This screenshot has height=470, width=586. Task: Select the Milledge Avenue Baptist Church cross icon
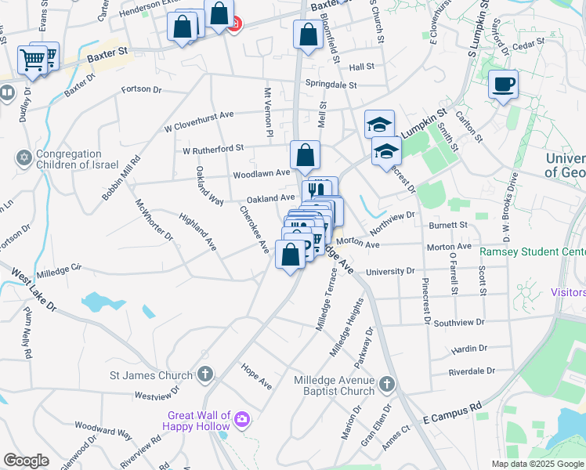[x=386, y=384]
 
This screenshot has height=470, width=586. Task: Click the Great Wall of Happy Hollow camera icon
[x=242, y=421]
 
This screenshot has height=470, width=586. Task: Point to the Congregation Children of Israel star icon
[x=24, y=159]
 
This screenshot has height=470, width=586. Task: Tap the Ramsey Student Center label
[x=532, y=252]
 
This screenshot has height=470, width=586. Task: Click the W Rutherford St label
[x=213, y=148]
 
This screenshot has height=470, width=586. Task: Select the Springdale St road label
[x=331, y=85]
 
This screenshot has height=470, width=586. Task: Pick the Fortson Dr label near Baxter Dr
[x=141, y=89]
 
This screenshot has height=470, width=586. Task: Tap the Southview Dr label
[x=460, y=322]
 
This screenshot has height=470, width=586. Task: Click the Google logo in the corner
[x=26, y=461]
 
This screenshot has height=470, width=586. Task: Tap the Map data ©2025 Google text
[x=537, y=464]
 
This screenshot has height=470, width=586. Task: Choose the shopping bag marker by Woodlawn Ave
[x=304, y=156]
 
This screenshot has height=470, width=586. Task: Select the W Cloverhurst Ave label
[x=199, y=121]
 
